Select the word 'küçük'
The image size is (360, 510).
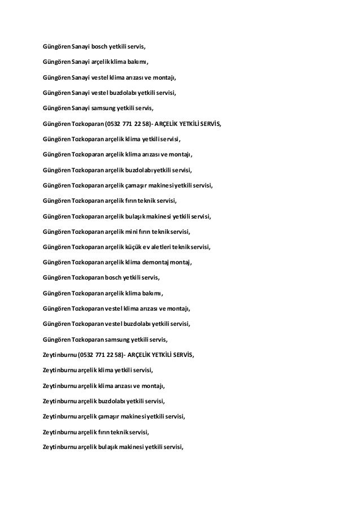144,247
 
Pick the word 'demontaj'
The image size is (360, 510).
161,263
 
